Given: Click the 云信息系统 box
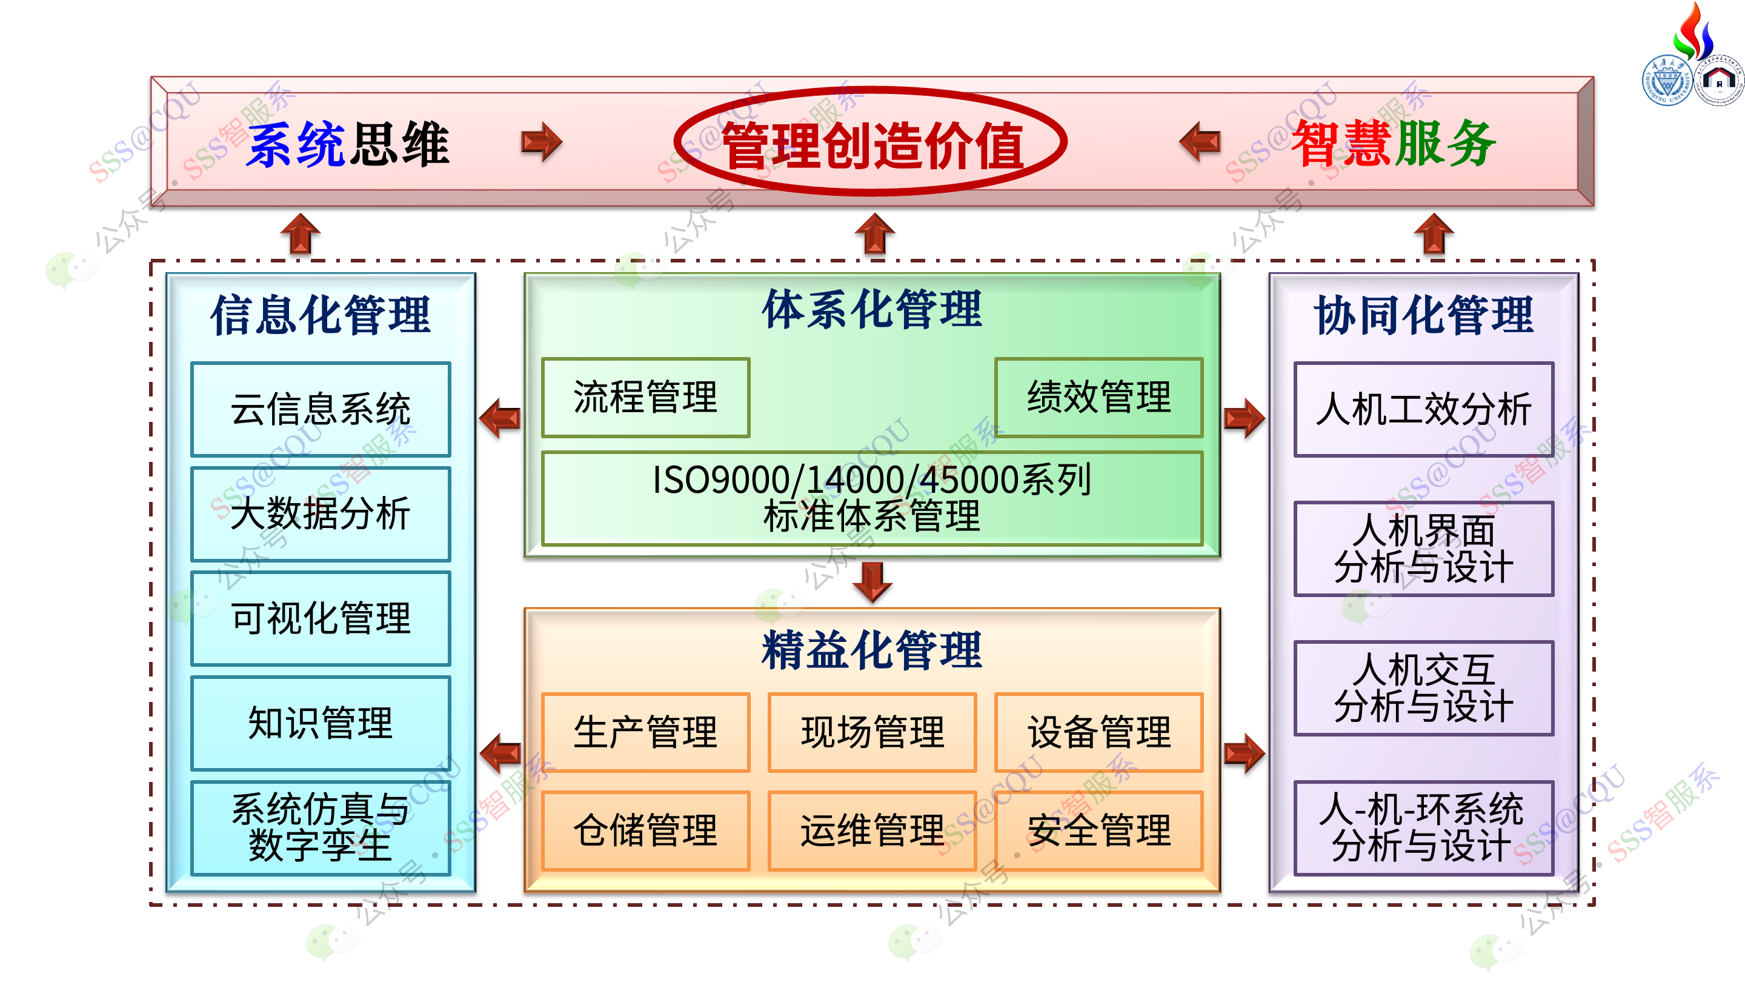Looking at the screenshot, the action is click(x=321, y=409).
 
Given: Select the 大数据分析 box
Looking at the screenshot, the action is click(x=321, y=513).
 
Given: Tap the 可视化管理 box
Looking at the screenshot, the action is click(x=321, y=618).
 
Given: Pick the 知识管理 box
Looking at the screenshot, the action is click(x=321, y=723).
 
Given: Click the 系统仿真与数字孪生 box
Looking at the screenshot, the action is click(x=321, y=827).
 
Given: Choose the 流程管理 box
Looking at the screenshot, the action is click(x=645, y=397).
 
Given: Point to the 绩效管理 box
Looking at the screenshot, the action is click(x=1099, y=397).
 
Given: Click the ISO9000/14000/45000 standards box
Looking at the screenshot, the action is click(x=872, y=498).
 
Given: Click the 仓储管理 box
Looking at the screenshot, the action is click(x=645, y=831).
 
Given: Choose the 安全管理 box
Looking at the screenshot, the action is click(x=1099, y=831).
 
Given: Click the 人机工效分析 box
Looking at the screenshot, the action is click(x=1424, y=409).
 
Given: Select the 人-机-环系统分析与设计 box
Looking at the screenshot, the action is click(x=1424, y=827).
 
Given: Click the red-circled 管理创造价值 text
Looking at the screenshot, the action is click(x=872, y=145).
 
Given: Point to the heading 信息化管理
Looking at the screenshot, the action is click(x=321, y=316).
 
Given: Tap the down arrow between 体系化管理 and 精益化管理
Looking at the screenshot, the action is click(x=872, y=582).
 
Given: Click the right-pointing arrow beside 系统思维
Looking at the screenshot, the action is click(x=542, y=142).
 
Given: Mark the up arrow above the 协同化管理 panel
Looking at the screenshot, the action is click(x=1434, y=234).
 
